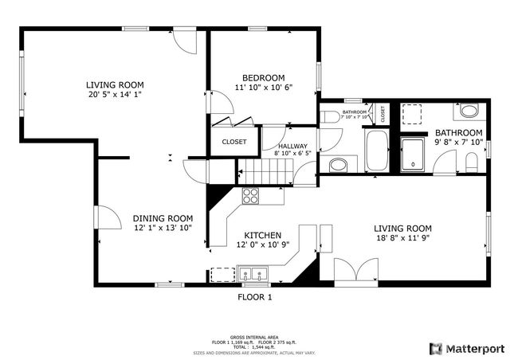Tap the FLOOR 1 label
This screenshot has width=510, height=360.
(255, 297)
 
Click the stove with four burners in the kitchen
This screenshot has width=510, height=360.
(251, 195)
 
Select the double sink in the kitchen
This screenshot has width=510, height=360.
(254, 275)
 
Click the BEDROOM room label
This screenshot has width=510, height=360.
(265, 77)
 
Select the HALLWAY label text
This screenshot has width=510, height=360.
(292, 146)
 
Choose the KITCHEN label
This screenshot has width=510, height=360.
(262, 235)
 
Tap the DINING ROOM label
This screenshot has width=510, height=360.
(163, 218)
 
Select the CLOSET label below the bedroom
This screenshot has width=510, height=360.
(233, 143)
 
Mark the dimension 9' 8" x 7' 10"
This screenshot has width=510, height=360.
(458, 143)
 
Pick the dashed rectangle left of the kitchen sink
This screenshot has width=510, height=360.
(223, 274)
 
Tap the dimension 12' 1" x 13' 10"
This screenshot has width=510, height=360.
(163, 229)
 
